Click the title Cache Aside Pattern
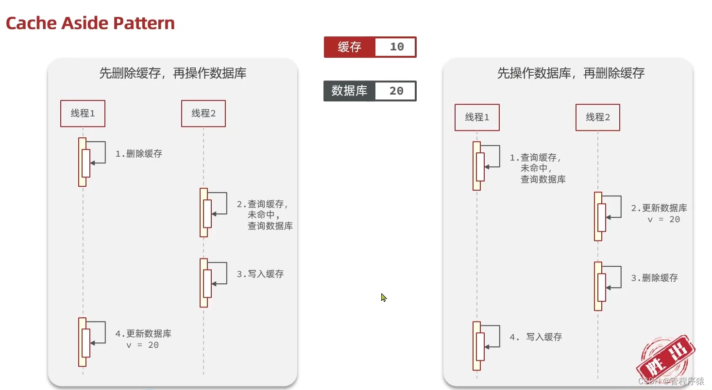pos(90,23)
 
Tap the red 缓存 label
pos(349,47)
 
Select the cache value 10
pos(396,47)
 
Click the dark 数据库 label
pos(349,91)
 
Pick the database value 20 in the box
pos(396,91)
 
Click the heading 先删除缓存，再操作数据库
pos(172,73)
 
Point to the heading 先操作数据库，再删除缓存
pos(571,73)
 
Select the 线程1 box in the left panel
pos(83,114)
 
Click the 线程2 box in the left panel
pos(203,114)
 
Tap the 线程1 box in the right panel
pos(477,117)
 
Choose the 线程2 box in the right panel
pos(598,117)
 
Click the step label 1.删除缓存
pos(139,154)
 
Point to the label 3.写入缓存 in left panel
pos(260,274)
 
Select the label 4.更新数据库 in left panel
pos(143,334)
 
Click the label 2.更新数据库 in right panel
pos(659,208)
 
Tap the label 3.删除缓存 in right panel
pos(655,278)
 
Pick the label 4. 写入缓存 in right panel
pos(536,337)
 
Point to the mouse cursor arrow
pos(383,297)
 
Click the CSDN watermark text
pos(671,381)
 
